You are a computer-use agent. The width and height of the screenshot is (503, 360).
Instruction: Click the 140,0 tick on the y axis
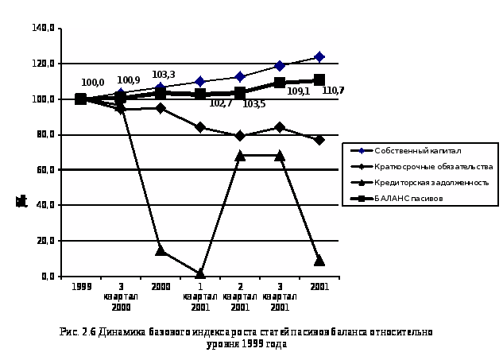[x=43, y=28]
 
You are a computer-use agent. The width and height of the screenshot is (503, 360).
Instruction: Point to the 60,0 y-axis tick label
[x=44, y=169]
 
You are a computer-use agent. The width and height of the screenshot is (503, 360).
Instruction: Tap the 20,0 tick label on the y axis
[x=44, y=240]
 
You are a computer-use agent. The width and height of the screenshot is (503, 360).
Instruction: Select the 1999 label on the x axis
[x=80, y=286]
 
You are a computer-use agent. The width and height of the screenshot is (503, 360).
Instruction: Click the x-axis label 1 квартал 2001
[x=200, y=296]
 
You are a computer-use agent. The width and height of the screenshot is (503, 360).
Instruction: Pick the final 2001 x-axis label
[x=319, y=286]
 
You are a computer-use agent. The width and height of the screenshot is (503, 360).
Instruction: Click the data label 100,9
[x=128, y=80]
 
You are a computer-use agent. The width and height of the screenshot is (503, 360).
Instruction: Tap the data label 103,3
[x=164, y=75]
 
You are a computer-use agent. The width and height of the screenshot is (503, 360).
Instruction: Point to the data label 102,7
[x=220, y=103]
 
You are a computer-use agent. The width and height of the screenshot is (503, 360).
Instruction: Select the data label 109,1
[x=298, y=91]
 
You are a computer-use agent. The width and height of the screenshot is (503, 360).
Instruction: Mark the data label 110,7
[x=333, y=91]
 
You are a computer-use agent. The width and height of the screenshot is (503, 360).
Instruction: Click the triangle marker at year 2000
[x=161, y=250]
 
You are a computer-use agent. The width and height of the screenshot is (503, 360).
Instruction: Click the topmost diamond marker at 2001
[x=319, y=56]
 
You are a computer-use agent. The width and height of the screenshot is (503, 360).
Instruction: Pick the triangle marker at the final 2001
[x=319, y=260]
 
